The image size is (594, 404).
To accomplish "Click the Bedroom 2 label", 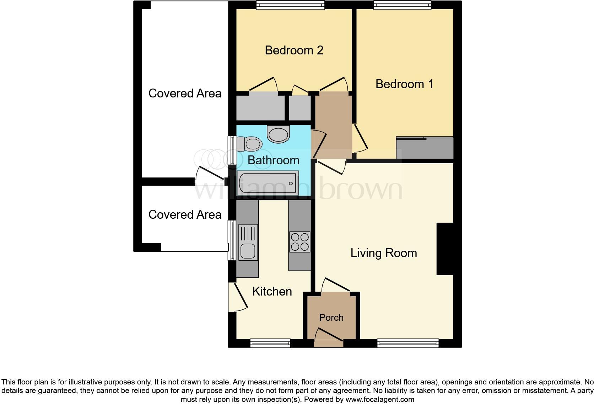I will (x=294, y=50).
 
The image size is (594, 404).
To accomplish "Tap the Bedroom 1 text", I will (x=404, y=84).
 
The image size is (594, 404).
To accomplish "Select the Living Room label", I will (x=384, y=253).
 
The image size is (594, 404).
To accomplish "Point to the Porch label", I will (x=331, y=317).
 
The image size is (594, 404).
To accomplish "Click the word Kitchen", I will (x=272, y=291).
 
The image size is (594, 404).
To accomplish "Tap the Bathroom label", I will (x=273, y=160).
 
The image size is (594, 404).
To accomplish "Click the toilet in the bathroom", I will (x=250, y=144).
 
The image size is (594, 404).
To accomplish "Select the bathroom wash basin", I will (x=279, y=134).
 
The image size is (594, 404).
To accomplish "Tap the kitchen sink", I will (x=248, y=242).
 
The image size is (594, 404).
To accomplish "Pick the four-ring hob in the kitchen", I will (x=299, y=242).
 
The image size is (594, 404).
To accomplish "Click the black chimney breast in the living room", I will (x=445, y=249).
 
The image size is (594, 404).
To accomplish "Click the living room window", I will (x=408, y=343).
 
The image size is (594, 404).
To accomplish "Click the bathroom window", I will (x=232, y=150).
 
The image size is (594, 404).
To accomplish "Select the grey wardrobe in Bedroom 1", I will (x=425, y=148).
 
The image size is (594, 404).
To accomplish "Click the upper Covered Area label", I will (x=185, y=93).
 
